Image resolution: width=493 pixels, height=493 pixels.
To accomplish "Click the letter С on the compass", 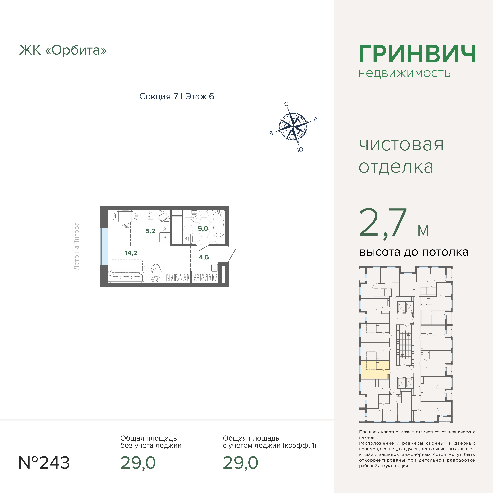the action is [x=286, y=104].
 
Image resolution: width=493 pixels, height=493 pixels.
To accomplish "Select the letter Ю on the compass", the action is [x=300, y=150].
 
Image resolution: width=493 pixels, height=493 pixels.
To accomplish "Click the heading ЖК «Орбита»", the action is [x=63, y=50].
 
